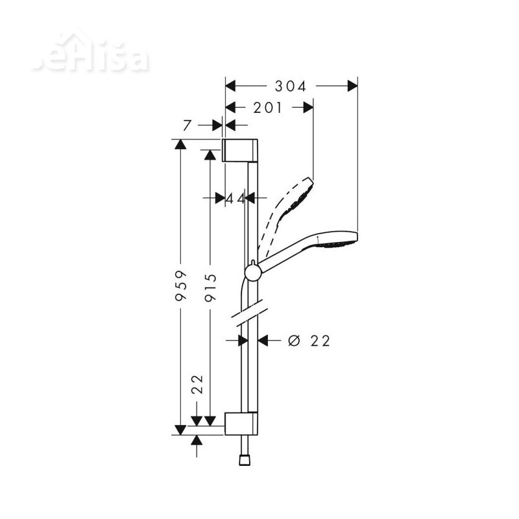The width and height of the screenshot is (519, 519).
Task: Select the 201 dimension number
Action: coord(268,108)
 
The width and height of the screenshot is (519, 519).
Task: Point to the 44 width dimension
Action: coord(235,199)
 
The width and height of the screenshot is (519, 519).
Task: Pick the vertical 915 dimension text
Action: coord(210,285)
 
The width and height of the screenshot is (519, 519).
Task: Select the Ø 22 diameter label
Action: coord(308,341)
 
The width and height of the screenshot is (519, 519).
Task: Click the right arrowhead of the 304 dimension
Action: coord(352,86)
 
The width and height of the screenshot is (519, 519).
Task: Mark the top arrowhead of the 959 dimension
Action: coord(181,145)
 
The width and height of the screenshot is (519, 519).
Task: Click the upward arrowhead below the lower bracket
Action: coord(197,441)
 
